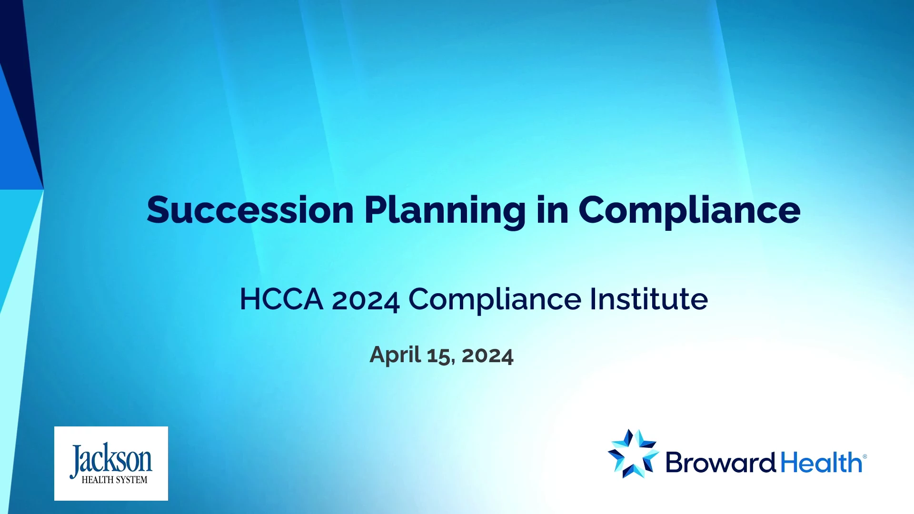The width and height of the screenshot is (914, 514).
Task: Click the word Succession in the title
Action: coord(250,210)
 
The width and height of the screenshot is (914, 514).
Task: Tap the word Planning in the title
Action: coord(445,212)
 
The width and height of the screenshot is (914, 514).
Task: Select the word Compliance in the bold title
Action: coord(689,212)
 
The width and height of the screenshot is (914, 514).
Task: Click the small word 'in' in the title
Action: coord(552,210)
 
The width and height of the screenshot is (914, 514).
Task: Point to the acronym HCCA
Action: coord(281,299)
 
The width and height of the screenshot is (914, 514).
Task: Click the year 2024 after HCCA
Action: coord(366,301)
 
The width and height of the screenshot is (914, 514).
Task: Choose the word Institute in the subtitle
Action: coord(649,299)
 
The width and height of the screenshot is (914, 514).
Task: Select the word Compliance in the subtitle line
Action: coord(495,300)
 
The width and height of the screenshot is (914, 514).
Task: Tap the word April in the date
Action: coord(395,355)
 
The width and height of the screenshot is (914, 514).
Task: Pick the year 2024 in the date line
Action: coord(487,356)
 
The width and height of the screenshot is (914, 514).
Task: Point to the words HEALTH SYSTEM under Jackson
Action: coord(114,480)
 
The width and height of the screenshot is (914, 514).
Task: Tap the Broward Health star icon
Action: coord(634,454)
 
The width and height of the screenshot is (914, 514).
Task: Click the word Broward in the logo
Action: coord(721,462)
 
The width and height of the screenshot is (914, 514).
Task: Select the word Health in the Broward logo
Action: coord(821,462)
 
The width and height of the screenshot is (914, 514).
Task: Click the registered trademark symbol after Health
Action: coord(865,456)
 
